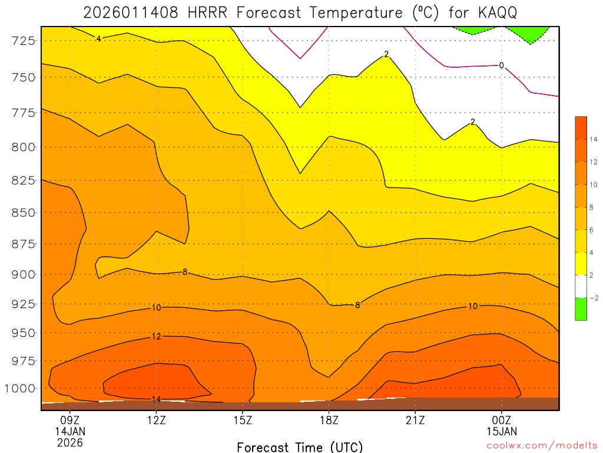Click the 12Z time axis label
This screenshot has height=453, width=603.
[x=157, y=421]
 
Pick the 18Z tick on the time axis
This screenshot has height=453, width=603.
[x=329, y=421]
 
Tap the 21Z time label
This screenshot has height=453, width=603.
[x=415, y=421]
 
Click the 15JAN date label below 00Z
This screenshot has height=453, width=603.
[x=501, y=431]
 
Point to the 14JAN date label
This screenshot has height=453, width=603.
[x=70, y=431]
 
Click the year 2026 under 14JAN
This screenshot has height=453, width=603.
[x=70, y=442]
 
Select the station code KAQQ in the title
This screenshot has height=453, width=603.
[x=497, y=12]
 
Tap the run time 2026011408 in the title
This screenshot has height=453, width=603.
[x=130, y=12]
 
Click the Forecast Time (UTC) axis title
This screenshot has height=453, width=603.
[x=300, y=447]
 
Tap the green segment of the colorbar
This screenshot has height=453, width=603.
[x=581, y=309]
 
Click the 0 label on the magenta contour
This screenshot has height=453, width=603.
[x=501, y=65]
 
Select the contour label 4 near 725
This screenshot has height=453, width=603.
[x=98, y=38]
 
